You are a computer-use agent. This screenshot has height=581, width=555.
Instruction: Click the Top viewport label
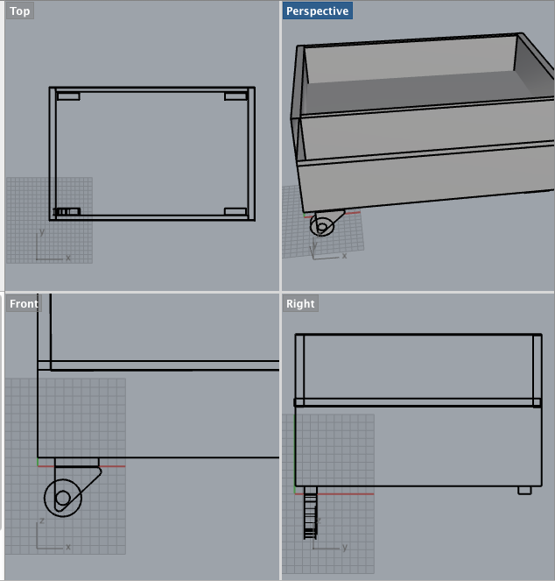(x=20, y=11)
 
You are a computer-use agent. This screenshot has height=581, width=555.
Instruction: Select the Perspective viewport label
(x=317, y=11)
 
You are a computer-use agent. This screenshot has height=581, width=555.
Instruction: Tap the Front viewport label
(x=24, y=304)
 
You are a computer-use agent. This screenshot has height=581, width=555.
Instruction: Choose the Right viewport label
(x=300, y=304)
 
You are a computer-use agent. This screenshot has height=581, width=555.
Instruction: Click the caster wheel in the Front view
(x=63, y=498)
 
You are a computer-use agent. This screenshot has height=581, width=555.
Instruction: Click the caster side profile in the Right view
(x=311, y=513)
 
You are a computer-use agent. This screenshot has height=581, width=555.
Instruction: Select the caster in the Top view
(x=67, y=211)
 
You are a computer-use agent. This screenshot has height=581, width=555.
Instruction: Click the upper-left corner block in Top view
(x=68, y=96)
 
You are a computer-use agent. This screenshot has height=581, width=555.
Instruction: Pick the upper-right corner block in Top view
(x=235, y=96)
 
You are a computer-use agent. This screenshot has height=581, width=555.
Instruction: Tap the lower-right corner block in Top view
(x=235, y=211)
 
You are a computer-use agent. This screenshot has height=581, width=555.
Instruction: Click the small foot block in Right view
(x=524, y=490)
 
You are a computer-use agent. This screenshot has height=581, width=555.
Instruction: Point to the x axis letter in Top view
(x=68, y=258)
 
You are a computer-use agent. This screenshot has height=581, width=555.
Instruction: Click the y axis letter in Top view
(x=42, y=232)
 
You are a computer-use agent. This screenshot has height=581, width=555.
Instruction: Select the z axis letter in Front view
(x=42, y=521)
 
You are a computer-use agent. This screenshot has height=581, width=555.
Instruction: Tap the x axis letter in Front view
(x=68, y=547)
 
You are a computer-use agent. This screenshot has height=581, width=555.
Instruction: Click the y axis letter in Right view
(x=345, y=547)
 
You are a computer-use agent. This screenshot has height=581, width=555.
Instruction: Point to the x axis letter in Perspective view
(x=344, y=256)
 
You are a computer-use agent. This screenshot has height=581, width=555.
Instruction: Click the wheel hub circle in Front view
(x=63, y=499)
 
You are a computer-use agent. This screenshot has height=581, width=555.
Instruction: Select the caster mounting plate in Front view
(x=77, y=462)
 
